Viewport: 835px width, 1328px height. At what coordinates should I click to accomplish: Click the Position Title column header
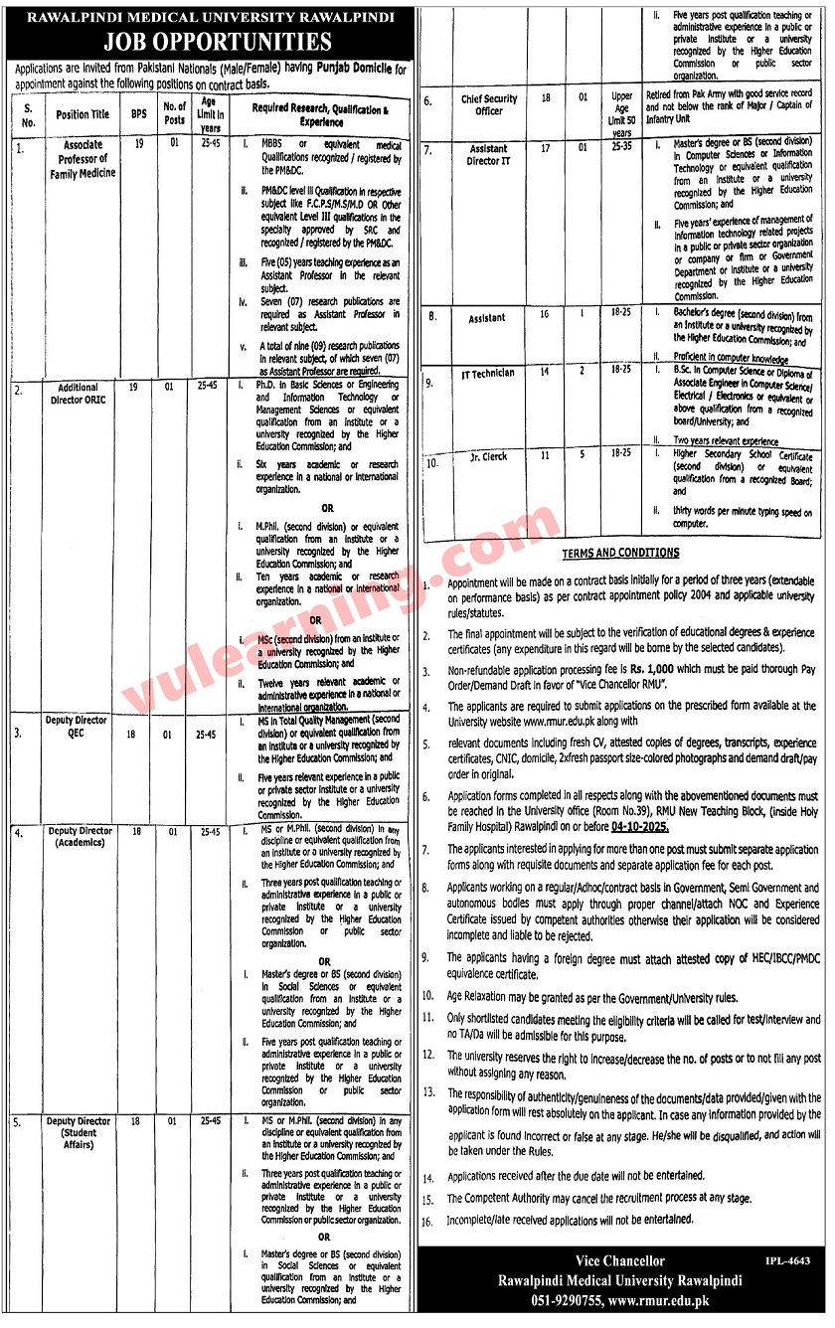pos(83,115)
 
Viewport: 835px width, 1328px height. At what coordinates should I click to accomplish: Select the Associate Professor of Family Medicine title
pos(83,159)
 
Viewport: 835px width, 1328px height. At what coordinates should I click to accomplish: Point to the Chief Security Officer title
pos(489,104)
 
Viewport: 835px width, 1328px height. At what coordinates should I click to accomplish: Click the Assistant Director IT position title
pos(488,156)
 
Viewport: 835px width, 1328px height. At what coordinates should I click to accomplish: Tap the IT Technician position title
pos(488,374)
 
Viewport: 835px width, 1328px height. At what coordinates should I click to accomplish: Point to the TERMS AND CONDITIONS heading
pos(621,553)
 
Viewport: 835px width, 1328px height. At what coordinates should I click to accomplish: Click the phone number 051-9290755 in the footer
pos(544,1301)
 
